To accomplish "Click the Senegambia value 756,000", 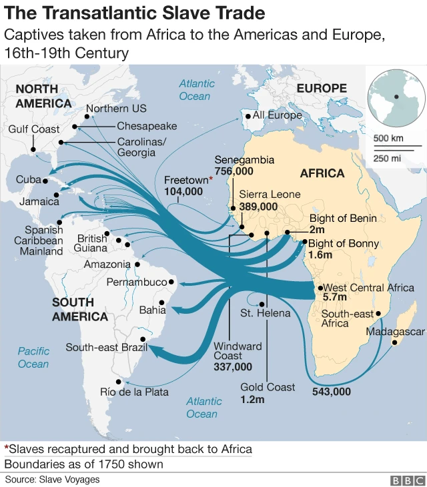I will [x=234, y=171].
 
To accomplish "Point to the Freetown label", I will [x=185, y=180].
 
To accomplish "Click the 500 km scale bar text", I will [x=388, y=139].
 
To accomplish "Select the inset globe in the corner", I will [x=396, y=101].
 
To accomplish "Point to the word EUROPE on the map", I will [x=322, y=89].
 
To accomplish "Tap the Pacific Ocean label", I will [x=33, y=357].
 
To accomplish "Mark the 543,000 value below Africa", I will [x=331, y=392].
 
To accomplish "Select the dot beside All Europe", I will [x=248, y=116].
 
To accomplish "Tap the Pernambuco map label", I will [x=136, y=282].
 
